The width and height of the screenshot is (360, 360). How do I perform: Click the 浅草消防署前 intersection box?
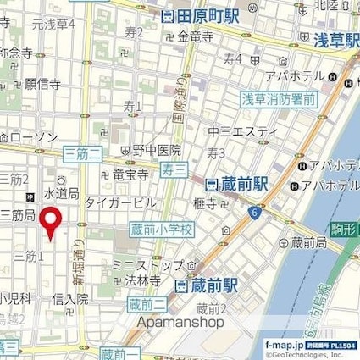point(279,98)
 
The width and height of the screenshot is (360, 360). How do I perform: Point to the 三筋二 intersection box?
point(82,152)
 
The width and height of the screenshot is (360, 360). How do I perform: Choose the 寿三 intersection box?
point(174,169)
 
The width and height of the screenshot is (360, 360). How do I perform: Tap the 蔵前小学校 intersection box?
point(163,230)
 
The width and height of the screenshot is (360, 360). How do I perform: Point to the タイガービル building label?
point(119,203)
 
